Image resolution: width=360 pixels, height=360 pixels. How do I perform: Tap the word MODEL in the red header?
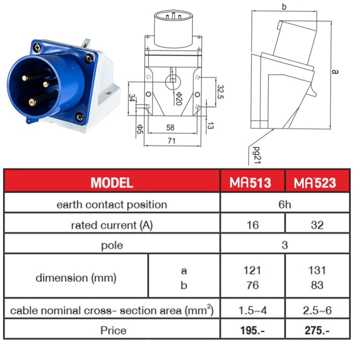pos(112,182)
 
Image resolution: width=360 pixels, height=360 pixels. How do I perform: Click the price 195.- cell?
pos(252,330)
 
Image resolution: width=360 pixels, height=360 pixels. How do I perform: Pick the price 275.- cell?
pos(317,330)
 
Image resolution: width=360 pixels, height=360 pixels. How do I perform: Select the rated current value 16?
pos(252,225)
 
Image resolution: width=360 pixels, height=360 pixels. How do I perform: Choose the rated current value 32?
pos(317,225)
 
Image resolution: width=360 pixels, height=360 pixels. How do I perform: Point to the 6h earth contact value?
pos(285,205)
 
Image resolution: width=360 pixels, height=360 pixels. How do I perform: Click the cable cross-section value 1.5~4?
pos(252,310)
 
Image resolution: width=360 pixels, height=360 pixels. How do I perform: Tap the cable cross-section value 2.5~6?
pos(317,310)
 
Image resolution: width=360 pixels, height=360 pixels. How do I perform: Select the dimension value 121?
pos(252,270)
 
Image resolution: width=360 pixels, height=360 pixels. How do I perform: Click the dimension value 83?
pos(317,285)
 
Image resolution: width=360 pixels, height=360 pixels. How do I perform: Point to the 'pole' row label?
pos(112,245)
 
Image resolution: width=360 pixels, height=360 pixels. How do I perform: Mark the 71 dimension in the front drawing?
pos(172,141)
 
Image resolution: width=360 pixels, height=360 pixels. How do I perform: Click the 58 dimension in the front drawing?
pos(170,128)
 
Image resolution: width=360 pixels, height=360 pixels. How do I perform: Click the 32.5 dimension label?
pos(220,92)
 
